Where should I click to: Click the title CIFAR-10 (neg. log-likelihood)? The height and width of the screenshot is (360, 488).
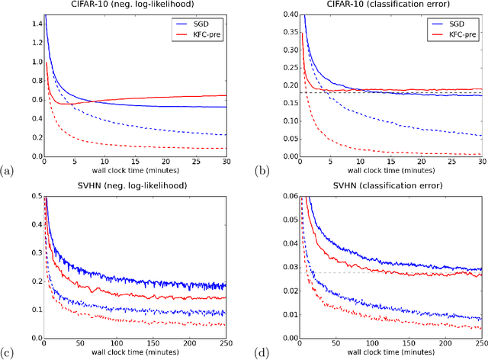(142, 7)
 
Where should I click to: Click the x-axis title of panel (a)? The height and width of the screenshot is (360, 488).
(142, 173)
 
